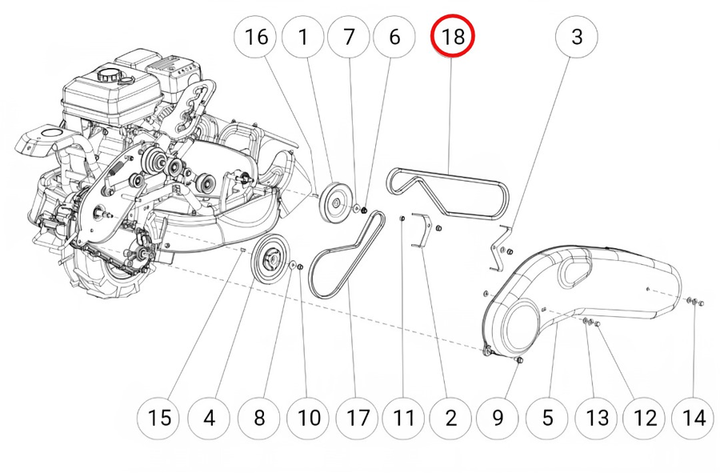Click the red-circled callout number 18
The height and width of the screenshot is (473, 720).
coord(452,37)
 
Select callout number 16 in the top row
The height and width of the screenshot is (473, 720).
coord(255,37)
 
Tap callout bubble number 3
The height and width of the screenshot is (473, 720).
coord(577,37)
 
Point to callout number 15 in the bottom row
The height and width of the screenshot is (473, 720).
coord(159,417)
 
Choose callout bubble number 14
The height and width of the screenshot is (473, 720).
coord(695,417)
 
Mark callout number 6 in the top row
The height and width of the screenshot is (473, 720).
coord(394,37)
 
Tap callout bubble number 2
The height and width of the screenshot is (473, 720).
coord(450,417)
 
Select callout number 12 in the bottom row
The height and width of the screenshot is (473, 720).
coord(646,417)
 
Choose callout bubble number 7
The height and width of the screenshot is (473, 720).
coord(348,37)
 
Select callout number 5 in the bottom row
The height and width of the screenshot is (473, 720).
coord(548,417)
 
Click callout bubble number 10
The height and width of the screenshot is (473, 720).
coord(308,417)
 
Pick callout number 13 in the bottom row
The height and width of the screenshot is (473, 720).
coord(597,417)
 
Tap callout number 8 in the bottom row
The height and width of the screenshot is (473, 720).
coord(258,417)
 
